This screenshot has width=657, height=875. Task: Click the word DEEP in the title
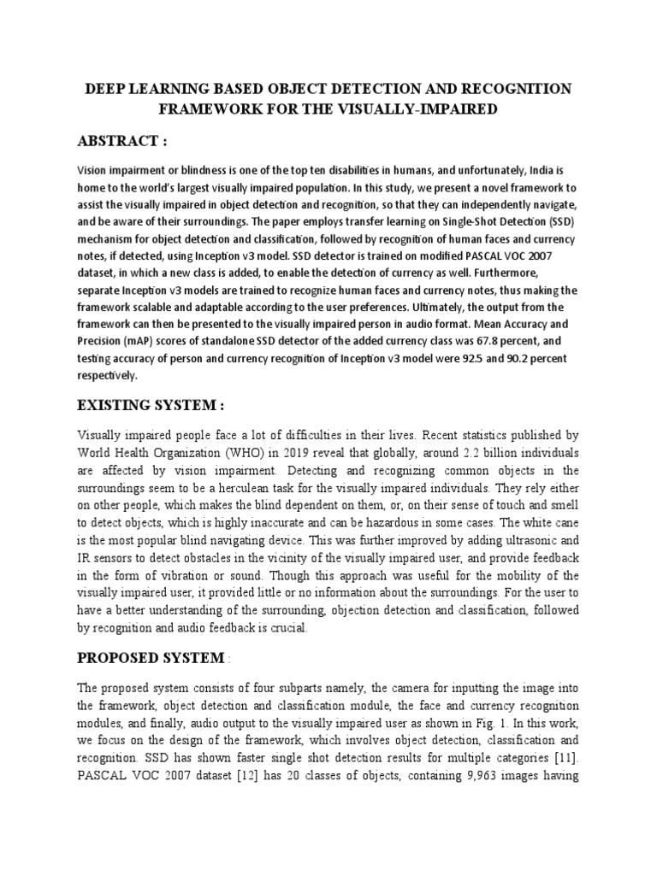101,90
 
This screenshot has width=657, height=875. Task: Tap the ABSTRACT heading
121,140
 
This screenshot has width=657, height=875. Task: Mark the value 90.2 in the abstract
501,357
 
